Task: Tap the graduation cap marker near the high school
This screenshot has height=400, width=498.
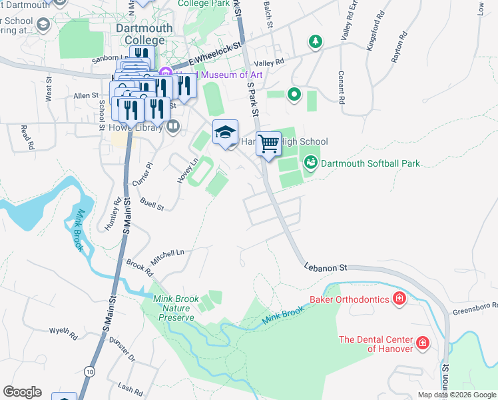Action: tap(225, 131)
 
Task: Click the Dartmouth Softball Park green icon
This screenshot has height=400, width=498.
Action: tap(310, 162)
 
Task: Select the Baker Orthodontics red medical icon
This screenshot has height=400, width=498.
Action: tap(399, 299)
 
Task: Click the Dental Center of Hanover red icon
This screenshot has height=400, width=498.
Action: tap(422, 343)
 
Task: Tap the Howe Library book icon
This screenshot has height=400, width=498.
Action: tap(173, 126)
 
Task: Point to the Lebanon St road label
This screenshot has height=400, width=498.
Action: tap(326, 267)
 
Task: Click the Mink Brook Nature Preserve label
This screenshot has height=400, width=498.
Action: tap(176, 309)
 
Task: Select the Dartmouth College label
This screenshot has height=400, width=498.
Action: tap(144, 35)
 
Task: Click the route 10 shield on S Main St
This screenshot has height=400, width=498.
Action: tap(90, 371)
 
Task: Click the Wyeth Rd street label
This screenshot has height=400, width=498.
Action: tap(64, 331)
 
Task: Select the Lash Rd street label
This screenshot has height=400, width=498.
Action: tap(126, 387)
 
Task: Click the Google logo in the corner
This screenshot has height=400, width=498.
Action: tap(22, 392)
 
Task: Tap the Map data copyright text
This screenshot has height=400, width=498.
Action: tap(456, 395)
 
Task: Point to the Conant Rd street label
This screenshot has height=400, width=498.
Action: tap(341, 87)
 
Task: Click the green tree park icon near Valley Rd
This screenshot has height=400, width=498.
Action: tap(315, 43)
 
